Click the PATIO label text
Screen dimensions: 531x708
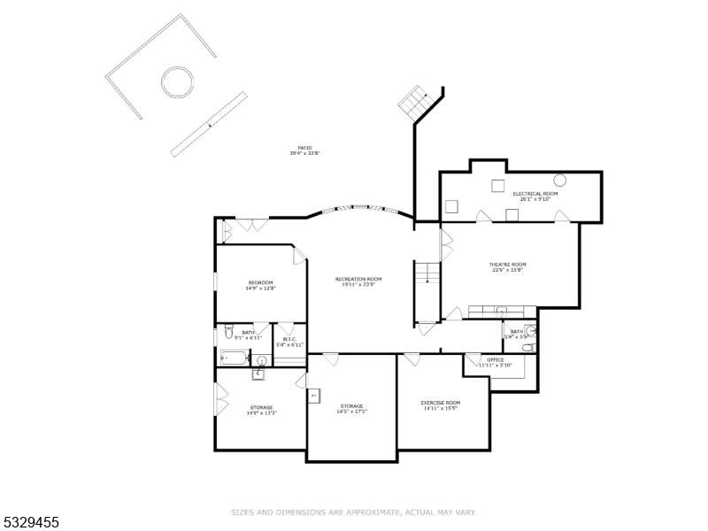coord(304,148)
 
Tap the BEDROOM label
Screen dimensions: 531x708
coord(260,282)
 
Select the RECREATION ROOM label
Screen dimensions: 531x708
coord(358,279)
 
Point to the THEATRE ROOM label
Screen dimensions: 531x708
coord(508,264)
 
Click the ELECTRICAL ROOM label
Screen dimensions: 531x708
coord(535,193)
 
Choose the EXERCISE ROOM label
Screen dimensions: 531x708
coord(441,403)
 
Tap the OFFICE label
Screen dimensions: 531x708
coord(495,360)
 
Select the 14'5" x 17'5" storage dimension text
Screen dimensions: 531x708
coord(352,412)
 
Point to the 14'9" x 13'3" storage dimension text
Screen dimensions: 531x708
coord(261,412)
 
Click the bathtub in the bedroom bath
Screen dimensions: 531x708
coord(234,358)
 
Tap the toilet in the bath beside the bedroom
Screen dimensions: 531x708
coord(228,334)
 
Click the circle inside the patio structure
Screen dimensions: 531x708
coord(176,83)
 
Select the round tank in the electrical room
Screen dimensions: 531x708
coord(559,180)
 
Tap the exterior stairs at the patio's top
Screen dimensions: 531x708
coord(413,103)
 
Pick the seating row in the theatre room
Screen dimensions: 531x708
coord(502,311)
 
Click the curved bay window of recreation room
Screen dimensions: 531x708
coord(359,210)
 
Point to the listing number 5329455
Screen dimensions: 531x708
coord(31,523)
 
